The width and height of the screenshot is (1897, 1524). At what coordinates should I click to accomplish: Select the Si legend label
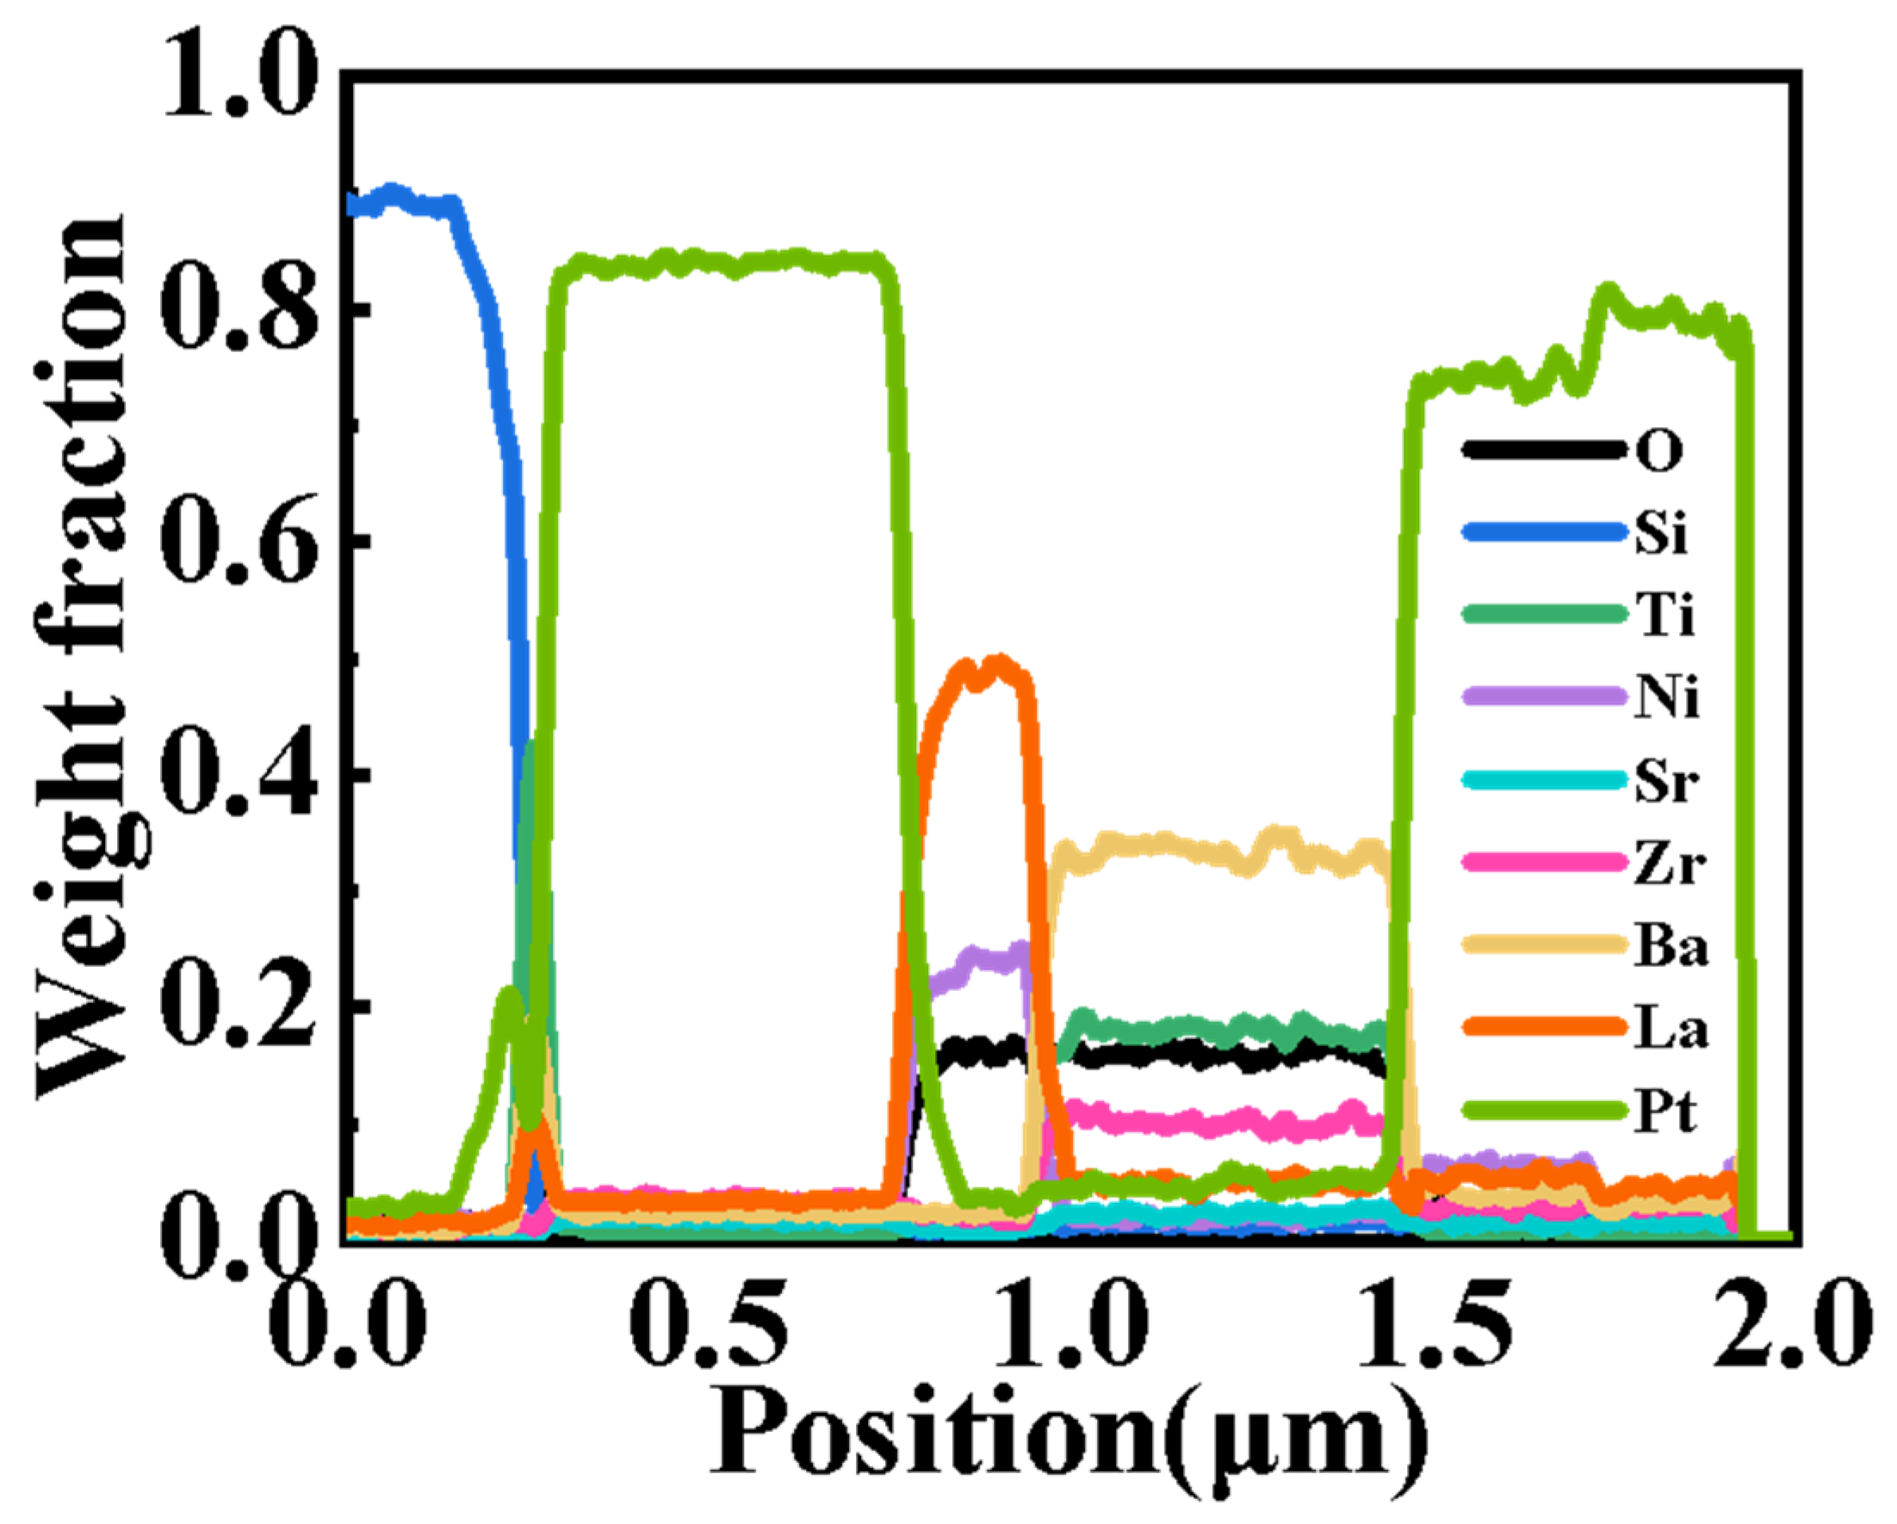tap(1661, 532)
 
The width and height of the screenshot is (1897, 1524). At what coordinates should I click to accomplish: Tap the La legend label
tap(1671, 1030)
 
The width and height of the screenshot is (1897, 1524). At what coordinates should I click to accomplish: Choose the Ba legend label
tap(1671, 948)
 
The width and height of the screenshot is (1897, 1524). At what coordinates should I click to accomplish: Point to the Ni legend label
tap(1666, 698)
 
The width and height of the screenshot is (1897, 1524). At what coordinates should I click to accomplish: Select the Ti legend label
tap(1664, 615)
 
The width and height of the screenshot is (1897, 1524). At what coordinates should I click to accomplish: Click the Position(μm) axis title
tap(1069, 1439)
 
